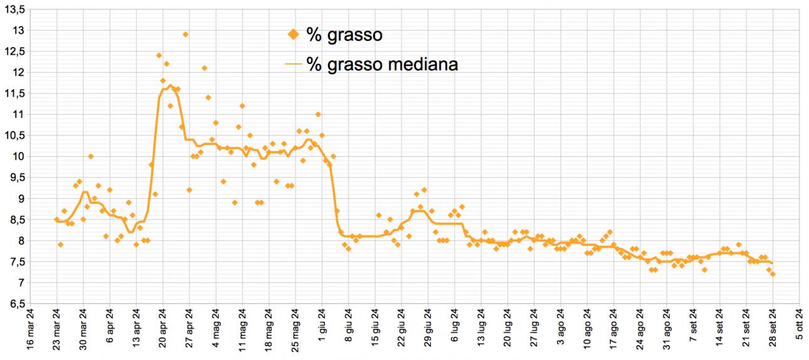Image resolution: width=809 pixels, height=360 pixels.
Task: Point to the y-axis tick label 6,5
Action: point(15,304)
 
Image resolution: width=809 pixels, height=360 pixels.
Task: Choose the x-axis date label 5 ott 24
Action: point(800,330)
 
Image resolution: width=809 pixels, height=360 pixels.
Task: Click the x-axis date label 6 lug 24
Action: point(455,330)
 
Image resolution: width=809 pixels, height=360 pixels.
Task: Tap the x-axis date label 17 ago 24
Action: point(614,330)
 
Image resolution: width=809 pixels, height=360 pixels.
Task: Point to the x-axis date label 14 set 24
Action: point(720,330)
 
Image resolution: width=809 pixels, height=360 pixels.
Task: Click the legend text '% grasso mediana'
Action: point(383,64)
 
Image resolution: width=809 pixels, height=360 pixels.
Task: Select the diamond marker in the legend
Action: point(293,34)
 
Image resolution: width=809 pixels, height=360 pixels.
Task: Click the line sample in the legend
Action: point(293,64)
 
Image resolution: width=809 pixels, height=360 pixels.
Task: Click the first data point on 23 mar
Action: point(56,220)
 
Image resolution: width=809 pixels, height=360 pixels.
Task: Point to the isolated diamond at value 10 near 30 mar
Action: point(90,156)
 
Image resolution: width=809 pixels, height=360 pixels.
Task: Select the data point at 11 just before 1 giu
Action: point(318,114)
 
